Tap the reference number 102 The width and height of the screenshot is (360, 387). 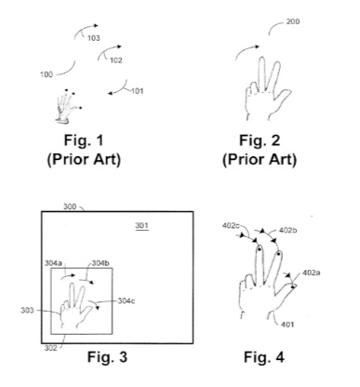tap(116, 60)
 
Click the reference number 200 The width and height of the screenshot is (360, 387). tap(292, 20)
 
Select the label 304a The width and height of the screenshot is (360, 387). tap(56, 263)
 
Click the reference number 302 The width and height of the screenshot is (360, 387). tap(49, 344)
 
